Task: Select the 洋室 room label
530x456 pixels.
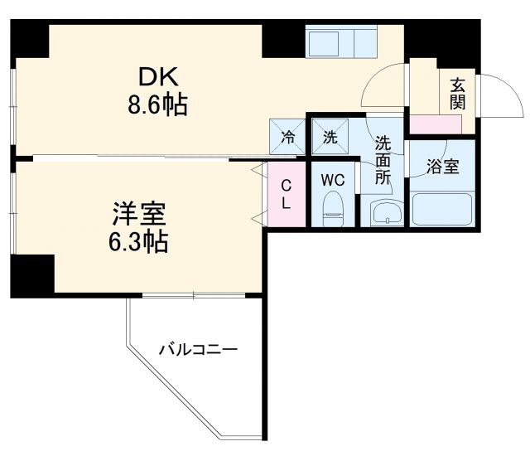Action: [x=138, y=214]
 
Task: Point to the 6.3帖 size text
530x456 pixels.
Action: [x=139, y=242]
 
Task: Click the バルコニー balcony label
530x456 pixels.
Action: [x=198, y=350]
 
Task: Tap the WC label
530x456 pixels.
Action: [x=333, y=179]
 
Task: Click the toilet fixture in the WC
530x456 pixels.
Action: [x=333, y=208]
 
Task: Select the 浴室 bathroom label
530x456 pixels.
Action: [x=442, y=167]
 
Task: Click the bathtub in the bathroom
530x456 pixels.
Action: [x=442, y=209]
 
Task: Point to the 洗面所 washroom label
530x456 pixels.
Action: [x=382, y=158]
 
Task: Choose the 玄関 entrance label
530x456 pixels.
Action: [x=457, y=94]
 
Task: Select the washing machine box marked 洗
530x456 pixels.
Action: [x=329, y=137]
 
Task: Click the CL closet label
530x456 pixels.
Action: [x=284, y=193]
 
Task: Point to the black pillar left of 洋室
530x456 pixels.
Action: [x=32, y=274]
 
